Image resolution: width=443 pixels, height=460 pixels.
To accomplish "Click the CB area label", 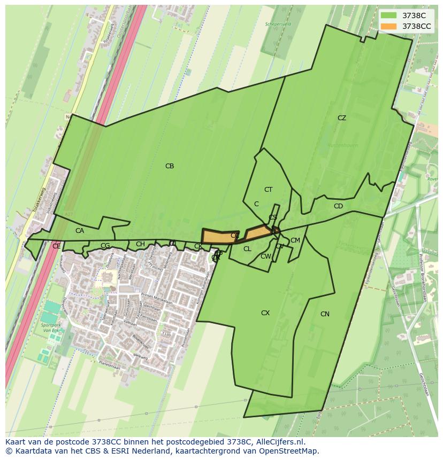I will coord(170,166).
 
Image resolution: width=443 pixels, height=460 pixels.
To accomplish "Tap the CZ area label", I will coord(342,118).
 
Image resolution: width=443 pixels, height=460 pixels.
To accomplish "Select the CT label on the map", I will coord(269,190).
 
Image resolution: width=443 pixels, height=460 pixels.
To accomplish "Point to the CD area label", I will coord(338,206).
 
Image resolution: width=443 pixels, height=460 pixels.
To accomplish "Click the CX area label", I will coord(265,313).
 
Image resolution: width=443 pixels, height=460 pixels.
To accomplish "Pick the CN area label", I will coord(325,314).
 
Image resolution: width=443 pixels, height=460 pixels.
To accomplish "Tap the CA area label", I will coord(80,231).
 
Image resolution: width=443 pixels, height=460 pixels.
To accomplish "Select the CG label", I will coord(105,246).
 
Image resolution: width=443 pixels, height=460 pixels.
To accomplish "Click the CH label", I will coord(140,244).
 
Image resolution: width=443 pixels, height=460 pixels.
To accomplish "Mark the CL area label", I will coord(247,249).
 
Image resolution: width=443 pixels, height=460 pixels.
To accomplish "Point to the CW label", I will coord(266,256).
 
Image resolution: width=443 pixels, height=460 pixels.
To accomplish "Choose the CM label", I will coord(295,240).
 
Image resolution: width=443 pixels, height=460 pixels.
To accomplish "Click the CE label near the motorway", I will coord(57,246).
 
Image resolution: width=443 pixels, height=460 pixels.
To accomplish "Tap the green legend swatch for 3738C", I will coord(388,15).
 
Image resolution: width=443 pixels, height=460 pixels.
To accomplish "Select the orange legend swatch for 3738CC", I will coord(388,26).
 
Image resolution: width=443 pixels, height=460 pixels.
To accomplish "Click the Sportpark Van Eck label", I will coord(52,327).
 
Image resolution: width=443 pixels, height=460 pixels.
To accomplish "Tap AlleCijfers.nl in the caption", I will coord(279,442).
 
